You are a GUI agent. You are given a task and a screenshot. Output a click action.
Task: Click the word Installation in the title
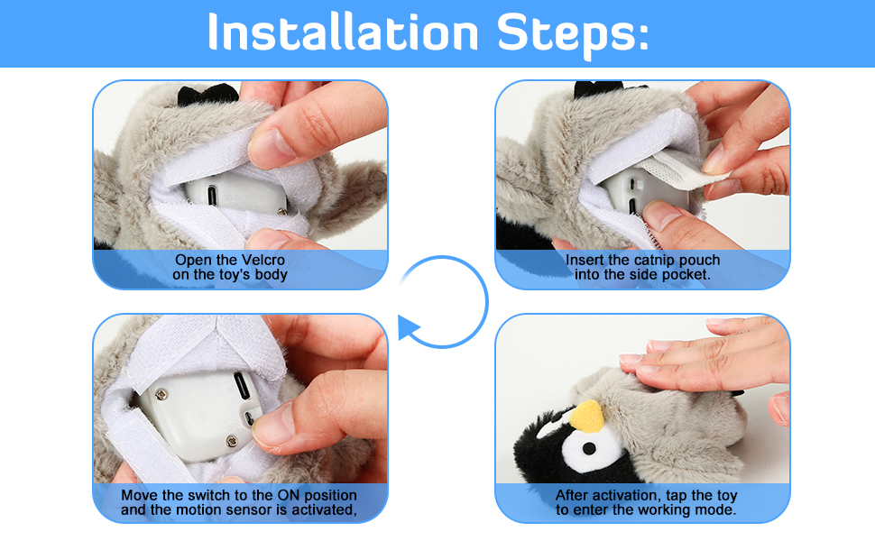[x=343, y=33]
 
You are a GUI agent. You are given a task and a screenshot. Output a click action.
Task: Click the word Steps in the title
[x=563, y=33]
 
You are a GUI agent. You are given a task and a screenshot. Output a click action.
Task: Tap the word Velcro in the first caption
[x=264, y=260]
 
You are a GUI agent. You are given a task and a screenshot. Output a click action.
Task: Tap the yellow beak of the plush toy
[x=589, y=417]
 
